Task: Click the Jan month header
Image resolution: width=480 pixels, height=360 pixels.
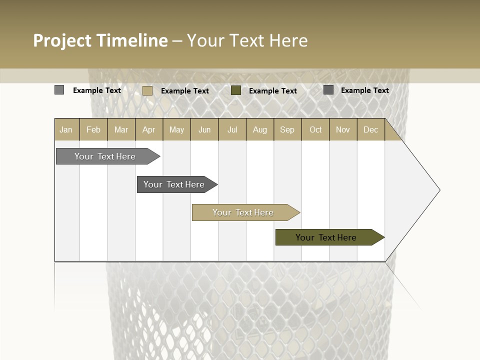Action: [66, 129]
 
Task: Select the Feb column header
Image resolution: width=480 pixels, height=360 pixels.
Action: [93, 129]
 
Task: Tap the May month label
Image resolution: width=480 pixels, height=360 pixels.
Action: [176, 129]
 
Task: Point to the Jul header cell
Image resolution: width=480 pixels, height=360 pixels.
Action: [232, 129]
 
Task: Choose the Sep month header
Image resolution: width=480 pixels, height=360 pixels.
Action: [287, 129]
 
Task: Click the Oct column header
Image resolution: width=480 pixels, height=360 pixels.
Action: [315, 129]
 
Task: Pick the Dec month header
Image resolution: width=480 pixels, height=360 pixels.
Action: [370, 129]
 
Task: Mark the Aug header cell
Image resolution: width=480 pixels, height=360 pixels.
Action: [259, 129]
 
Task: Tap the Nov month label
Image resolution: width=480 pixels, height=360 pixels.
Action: [342, 129]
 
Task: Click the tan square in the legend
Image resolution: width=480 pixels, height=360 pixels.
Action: [147, 90]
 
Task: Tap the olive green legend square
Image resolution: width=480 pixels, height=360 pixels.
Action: [236, 90]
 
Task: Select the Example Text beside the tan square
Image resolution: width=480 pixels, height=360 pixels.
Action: [185, 91]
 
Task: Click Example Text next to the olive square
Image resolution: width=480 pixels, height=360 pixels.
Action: [273, 91]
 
